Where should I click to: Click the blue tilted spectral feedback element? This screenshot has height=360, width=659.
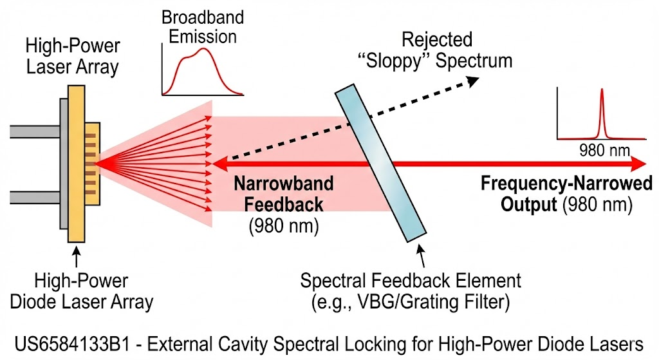point(380,163)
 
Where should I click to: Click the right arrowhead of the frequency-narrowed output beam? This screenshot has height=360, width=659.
point(639,163)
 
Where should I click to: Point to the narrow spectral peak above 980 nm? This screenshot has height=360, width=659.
point(602,113)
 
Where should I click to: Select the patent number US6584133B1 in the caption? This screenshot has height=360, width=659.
point(71,344)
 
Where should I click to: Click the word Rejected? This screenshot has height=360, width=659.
point(437,40)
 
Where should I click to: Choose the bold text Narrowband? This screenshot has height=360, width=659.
point(284,184)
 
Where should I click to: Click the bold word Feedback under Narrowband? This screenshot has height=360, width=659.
point(284,205)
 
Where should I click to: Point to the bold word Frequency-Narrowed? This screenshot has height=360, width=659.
point(566,184)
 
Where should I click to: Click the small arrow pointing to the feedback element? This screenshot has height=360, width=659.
point(421,255)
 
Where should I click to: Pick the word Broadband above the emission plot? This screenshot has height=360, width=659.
point(203,17)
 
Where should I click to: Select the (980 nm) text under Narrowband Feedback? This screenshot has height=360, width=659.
point(284,226)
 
